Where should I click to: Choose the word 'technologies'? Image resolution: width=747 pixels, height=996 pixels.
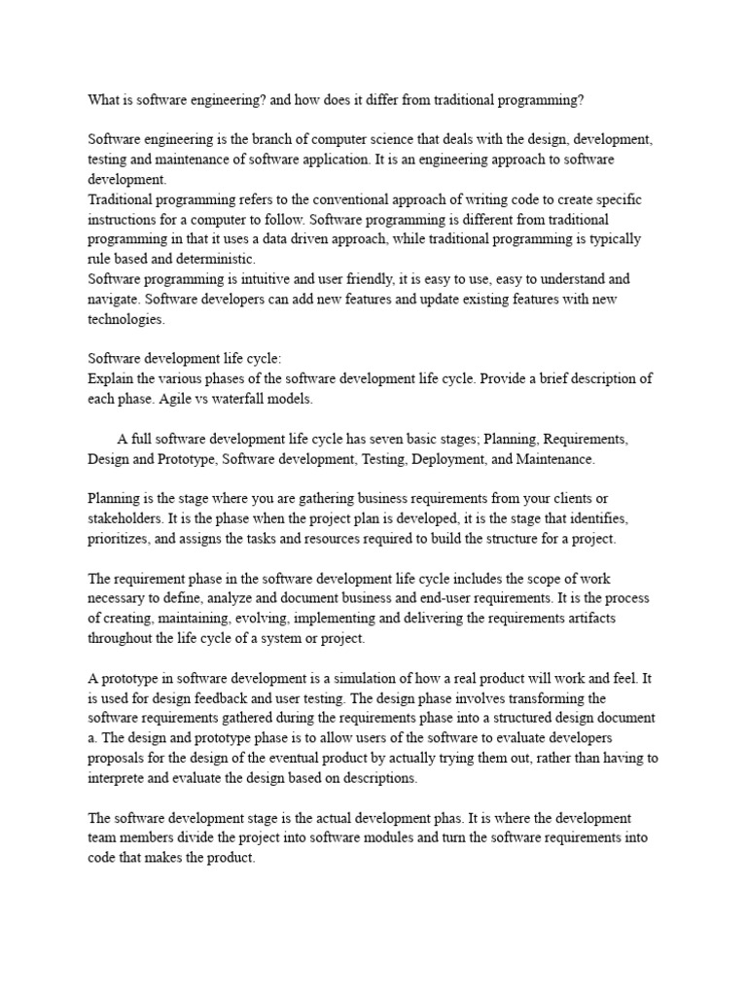click(126, 318)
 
